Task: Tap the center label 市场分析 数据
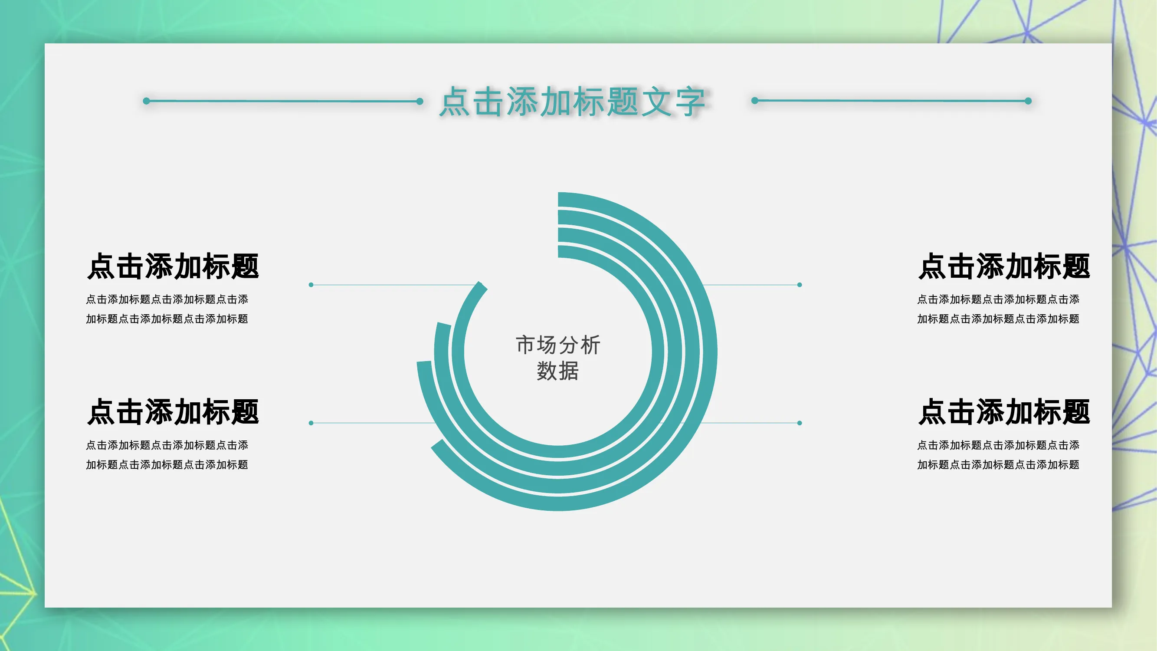[558, 358]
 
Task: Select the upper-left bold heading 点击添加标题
[174, 266]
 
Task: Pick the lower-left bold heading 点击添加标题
[174, 412]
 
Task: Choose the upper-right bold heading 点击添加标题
[1004, 266]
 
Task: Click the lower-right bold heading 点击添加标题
[1004, 412]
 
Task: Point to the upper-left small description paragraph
[167, 309]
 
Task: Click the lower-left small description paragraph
[167, 455]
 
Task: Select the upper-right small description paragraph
[998, 309]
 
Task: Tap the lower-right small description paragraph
[998, 455]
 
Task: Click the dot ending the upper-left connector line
[311, 285]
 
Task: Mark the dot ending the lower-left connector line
[311, 423]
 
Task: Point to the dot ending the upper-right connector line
[800, 285]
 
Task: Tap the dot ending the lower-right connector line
[800, 423]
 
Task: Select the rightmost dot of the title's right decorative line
[1028, 101]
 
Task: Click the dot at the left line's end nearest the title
[420, 101]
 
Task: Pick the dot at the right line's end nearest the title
[755, 101]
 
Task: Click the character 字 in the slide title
[690, 102]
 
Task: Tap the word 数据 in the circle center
[558, 371]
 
